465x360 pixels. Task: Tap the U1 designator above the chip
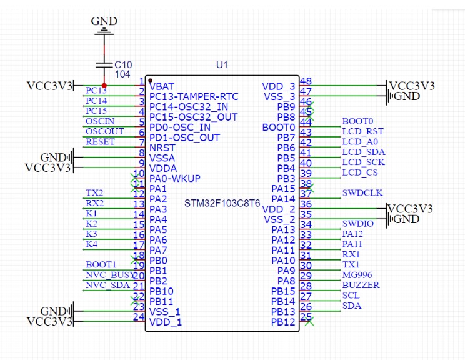tap(222, 64)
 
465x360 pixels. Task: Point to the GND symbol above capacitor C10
tap(104, 26)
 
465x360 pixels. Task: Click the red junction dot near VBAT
tap(104, 86)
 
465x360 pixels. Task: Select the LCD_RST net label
tap(362, 131)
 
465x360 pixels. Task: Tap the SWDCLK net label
tap(362, 193)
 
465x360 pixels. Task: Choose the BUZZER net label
tap(361, 285)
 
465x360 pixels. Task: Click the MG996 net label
tap(357, 275)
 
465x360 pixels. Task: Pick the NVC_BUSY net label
tap(109, 275)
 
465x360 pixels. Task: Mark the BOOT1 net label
tap(101, 265)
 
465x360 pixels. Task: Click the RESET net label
tap(100, 142)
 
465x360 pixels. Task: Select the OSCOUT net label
tap(104, 131)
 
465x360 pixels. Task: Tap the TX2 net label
tap(94, 193)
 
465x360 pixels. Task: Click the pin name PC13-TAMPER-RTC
tap(194, 96)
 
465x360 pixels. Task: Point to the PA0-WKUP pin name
tap(175, 179)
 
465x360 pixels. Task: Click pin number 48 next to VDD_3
tap(306, 81)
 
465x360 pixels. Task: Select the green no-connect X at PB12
tap(309, 322)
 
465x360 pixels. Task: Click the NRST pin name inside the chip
tap(162, 147)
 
